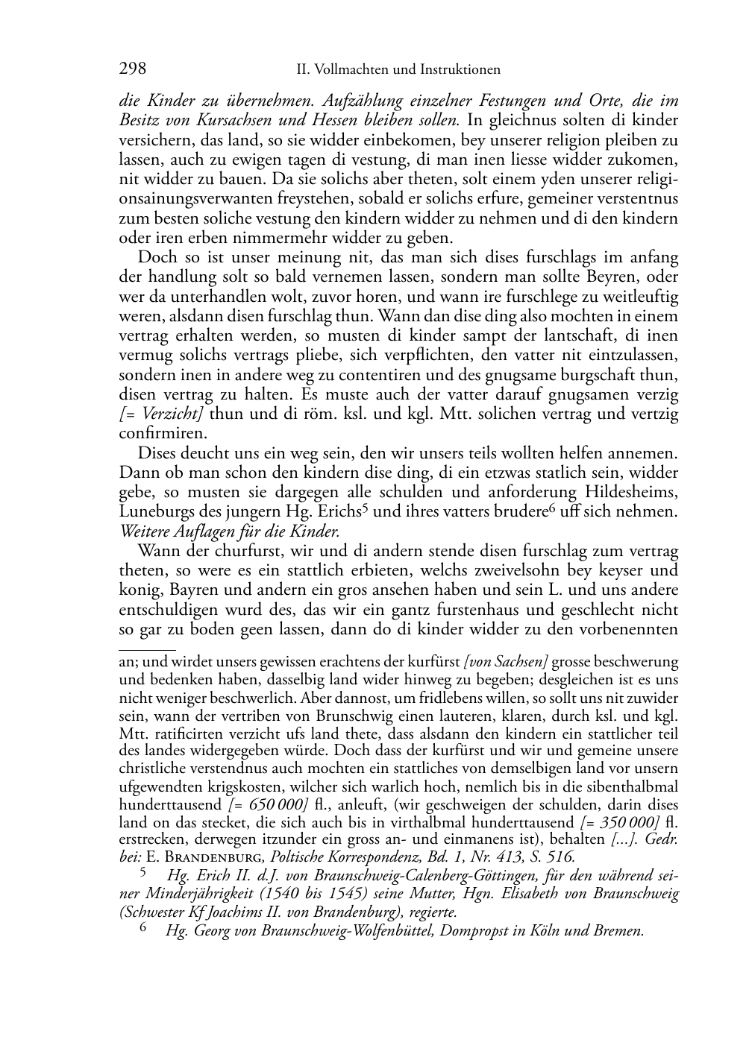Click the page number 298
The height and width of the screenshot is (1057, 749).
tap(132, 69)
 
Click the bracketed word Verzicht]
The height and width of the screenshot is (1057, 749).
tap(174, 414)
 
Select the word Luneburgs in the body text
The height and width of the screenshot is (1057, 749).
tap(151, 512)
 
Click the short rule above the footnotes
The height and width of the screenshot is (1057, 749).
tap(147, 651)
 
